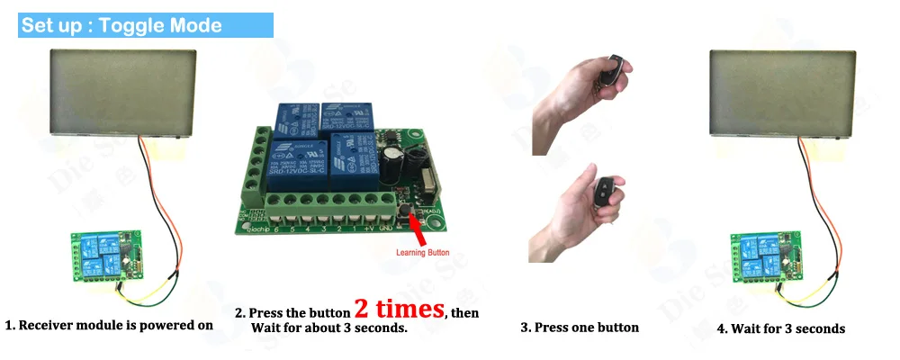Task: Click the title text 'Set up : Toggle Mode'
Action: pos(121,25)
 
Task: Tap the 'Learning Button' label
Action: pos(422,253)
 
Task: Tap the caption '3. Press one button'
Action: pos(580,328)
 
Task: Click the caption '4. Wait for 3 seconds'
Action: pos(780,328)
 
